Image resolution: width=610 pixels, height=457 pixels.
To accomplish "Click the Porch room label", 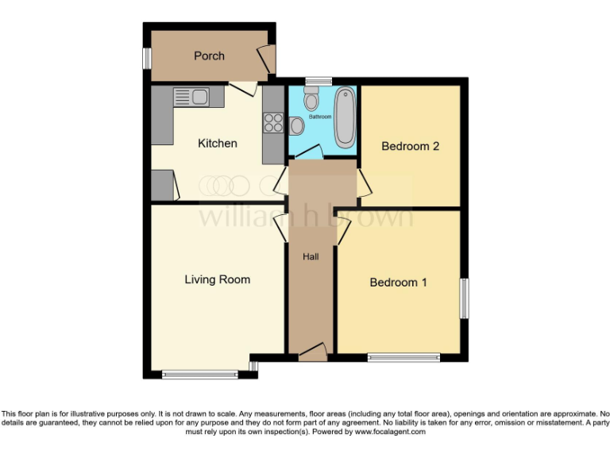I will click(x=209, y=56).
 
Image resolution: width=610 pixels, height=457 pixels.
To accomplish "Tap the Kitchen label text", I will click(x=217, y=144).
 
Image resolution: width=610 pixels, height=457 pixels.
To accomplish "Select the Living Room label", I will click(x=217, y=279).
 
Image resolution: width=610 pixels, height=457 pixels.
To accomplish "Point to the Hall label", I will click(x=311, y=256).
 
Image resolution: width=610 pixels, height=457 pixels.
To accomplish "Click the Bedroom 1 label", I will click(x=398, y=282).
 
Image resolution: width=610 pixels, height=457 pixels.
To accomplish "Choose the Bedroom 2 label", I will click(x=410, y=147).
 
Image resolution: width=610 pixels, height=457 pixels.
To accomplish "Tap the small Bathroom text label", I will click(x=320, y=117).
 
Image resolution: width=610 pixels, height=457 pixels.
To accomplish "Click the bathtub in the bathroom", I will click(x=345, y=118).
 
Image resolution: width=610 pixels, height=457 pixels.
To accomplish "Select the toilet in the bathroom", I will click(x=311, y=99).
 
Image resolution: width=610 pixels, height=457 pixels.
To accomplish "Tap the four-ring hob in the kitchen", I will click(x=273, y=123).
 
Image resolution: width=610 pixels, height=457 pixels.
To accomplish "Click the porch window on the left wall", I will click(x=147, y=58).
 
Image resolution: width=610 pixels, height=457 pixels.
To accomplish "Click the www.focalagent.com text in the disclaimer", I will click(x=390, y=432).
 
